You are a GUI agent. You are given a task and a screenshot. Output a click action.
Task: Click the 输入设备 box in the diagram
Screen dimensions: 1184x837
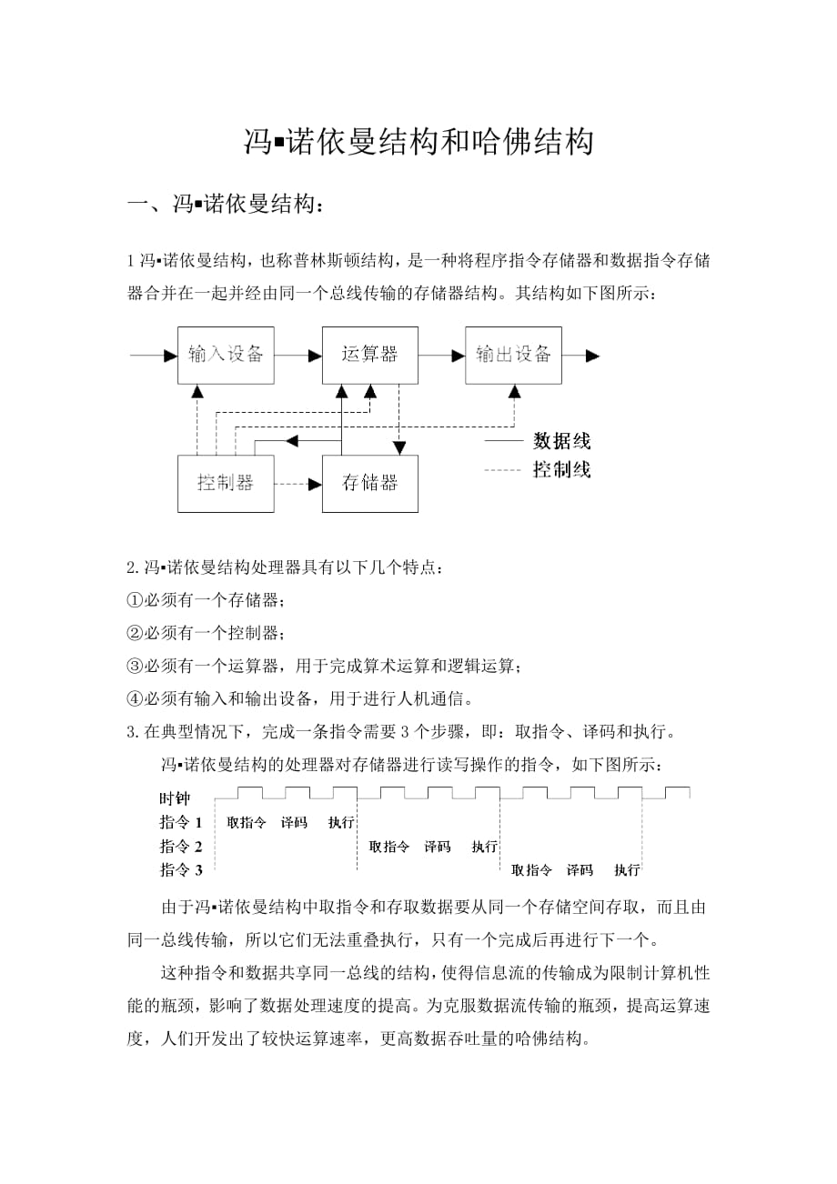(x=226, y=355)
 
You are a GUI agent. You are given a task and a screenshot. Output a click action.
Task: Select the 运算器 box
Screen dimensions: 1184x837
(x=370, y=355)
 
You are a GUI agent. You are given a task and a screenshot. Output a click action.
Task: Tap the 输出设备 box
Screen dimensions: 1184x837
(x=513, y=355)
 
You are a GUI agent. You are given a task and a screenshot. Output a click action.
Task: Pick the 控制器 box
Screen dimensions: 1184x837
(x=226, y=483)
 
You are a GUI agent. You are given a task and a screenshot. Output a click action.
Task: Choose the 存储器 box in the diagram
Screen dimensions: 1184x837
(x=370, y=483)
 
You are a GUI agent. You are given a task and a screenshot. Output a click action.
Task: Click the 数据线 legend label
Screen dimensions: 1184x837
(x=561, y=442)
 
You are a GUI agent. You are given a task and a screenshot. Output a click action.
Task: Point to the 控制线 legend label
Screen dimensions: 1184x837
(x=561, y=470)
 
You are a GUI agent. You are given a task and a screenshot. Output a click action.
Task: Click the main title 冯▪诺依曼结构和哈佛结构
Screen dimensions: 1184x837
(x=418, y=143)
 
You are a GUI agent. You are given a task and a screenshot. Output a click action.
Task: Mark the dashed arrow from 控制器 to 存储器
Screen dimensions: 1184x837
(x=298, y=484)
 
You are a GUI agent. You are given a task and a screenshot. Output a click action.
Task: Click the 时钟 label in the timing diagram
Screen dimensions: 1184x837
(x=175, y=799)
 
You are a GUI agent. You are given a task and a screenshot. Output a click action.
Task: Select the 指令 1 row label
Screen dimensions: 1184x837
(x=180, y=822)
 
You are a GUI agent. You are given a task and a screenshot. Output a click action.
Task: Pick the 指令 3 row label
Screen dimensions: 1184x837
(x=180, y=870)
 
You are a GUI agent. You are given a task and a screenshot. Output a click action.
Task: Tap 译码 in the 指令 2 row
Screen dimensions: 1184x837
(x=438, y=847)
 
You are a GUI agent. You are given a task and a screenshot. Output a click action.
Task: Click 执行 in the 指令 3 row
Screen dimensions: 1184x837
(x=627, y=870)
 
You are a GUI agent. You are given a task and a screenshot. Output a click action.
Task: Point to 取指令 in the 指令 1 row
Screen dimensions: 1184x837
(x=247, y=822)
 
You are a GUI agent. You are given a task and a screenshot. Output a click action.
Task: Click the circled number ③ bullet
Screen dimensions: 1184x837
(x=136, y=667)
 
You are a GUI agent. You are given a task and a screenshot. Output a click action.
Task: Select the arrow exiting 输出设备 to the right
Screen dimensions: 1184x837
(x=581, y=356)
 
